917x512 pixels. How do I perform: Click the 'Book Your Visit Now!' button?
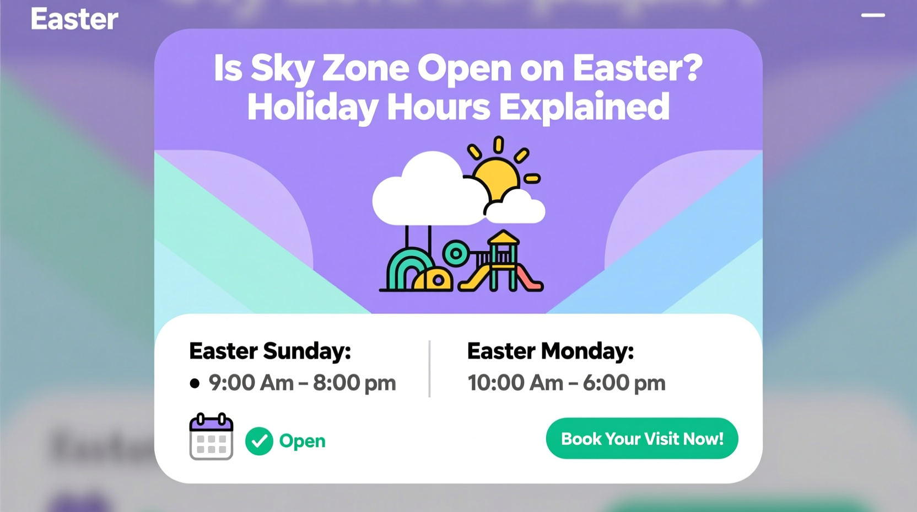pos(641,439)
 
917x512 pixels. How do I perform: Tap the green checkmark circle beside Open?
pos(259,441)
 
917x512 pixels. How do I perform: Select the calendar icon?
pos(211,436)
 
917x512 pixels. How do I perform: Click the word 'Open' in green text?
pos(302,441)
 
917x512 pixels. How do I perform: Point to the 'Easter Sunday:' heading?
pos(270,351)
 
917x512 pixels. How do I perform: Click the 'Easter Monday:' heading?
pos(550,351)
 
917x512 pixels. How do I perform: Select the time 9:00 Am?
pos(251,383)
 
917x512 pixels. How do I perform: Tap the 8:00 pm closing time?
pos(354,383)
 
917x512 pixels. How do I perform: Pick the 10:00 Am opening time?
pos(515,383)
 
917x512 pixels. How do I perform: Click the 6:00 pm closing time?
pos(624,383)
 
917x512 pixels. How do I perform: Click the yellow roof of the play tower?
pos(503,238)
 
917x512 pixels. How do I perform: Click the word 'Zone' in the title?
pos(365,68)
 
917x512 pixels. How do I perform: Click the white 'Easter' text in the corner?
pos(74,19)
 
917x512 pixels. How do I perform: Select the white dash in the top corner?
pos(873,15)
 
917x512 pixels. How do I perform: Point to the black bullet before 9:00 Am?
pos(195,383)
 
